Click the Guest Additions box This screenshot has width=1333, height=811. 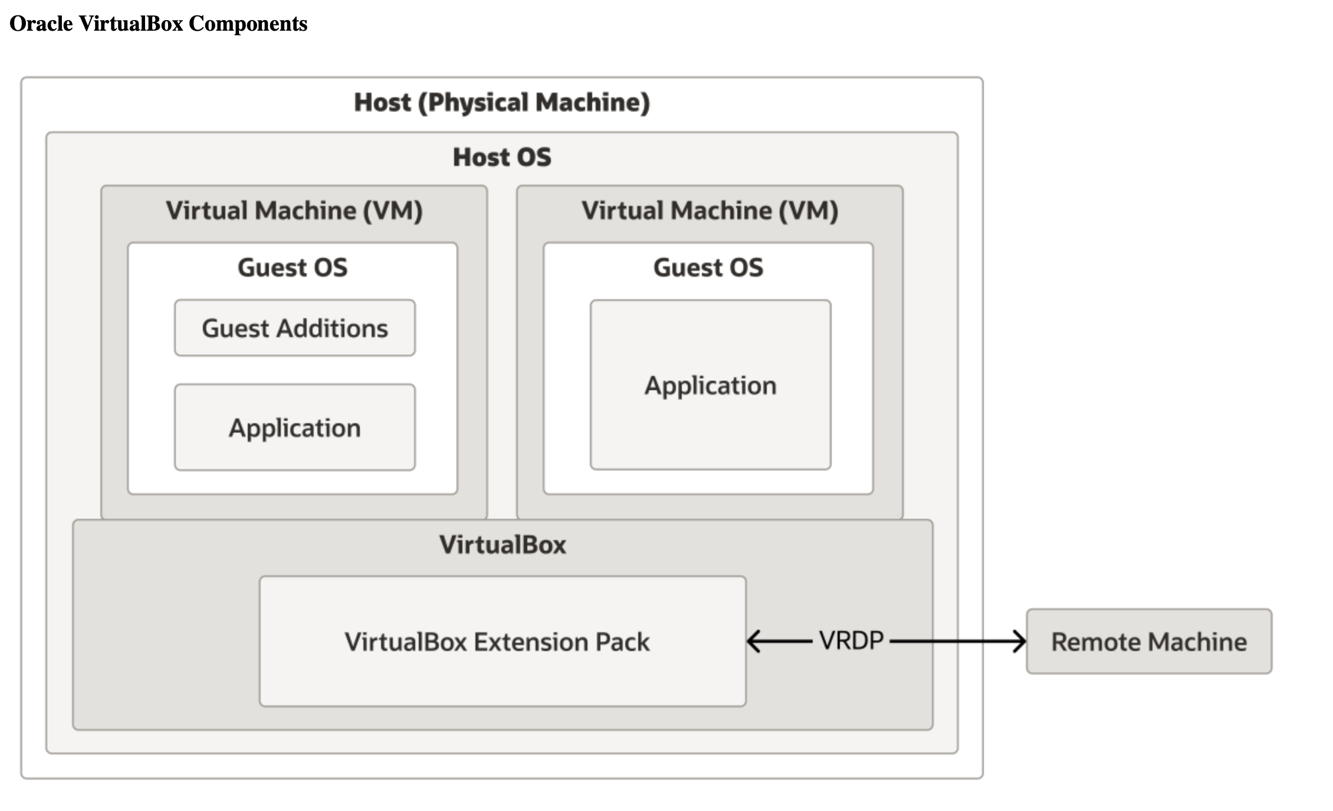[x=294, y=328]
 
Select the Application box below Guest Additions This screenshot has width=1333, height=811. [x=294, y=427]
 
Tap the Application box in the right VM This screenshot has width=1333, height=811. [x=710, y=385]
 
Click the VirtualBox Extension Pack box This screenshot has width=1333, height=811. [x=502, y=641]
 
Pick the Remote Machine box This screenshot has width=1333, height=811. [x=1148, y=641]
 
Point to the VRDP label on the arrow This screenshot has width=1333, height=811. [x=851, y=640]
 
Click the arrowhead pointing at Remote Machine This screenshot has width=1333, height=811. [x=1019, y=641]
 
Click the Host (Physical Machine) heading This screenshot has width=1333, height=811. [x=501, y=102]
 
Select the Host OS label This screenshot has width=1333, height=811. [x=501, y=157]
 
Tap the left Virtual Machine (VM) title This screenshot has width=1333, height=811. [x=294, y=211]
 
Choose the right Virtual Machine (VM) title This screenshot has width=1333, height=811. [x=710, y=211]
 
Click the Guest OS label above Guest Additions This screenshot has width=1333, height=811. [x=293, y=267]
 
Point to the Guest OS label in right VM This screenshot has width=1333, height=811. [x=708, y=267]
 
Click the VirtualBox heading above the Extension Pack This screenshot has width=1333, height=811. [x=502, y=544]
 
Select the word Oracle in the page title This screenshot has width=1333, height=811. [x=41, y=24]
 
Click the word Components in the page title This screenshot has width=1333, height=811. [x=248, y=24]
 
